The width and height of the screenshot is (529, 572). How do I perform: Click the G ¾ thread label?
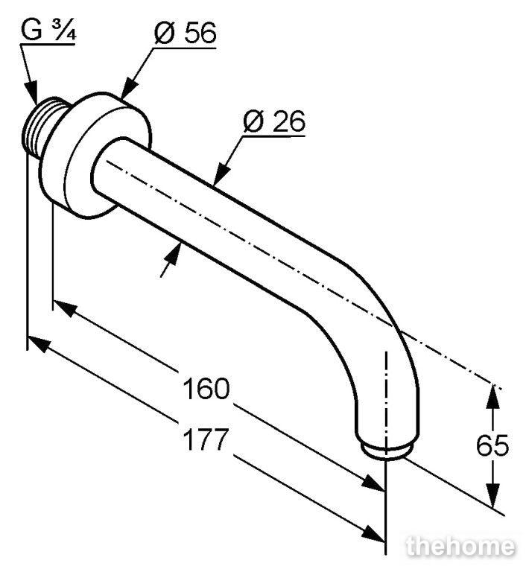click(x=48, y=31)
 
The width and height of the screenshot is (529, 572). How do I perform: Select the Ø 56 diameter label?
click(x=186, y=33)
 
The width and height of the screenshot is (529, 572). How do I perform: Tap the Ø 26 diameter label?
click(x=274, y=121)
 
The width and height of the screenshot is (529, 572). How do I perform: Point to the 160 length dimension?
click(x=206, y=389)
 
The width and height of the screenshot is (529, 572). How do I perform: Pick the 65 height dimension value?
click(x=492, y=445)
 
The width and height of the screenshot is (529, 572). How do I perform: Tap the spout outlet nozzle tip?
click(x=387, y=451)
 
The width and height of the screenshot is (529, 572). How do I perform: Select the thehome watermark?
click(x=460, y=547)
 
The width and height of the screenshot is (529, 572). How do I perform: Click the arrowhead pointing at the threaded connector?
click(x=31, y=93)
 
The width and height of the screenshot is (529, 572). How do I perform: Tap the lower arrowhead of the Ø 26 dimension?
click(x=173, y=253)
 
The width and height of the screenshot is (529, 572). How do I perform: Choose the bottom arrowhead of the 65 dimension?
click(x=493, y=495)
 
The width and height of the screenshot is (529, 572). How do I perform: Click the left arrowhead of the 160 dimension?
click(x=66, y=308)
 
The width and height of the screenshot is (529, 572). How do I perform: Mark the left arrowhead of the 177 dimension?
click(x=39, y=343)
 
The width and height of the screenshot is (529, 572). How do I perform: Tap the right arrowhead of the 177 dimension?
click(x=373, y=535)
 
